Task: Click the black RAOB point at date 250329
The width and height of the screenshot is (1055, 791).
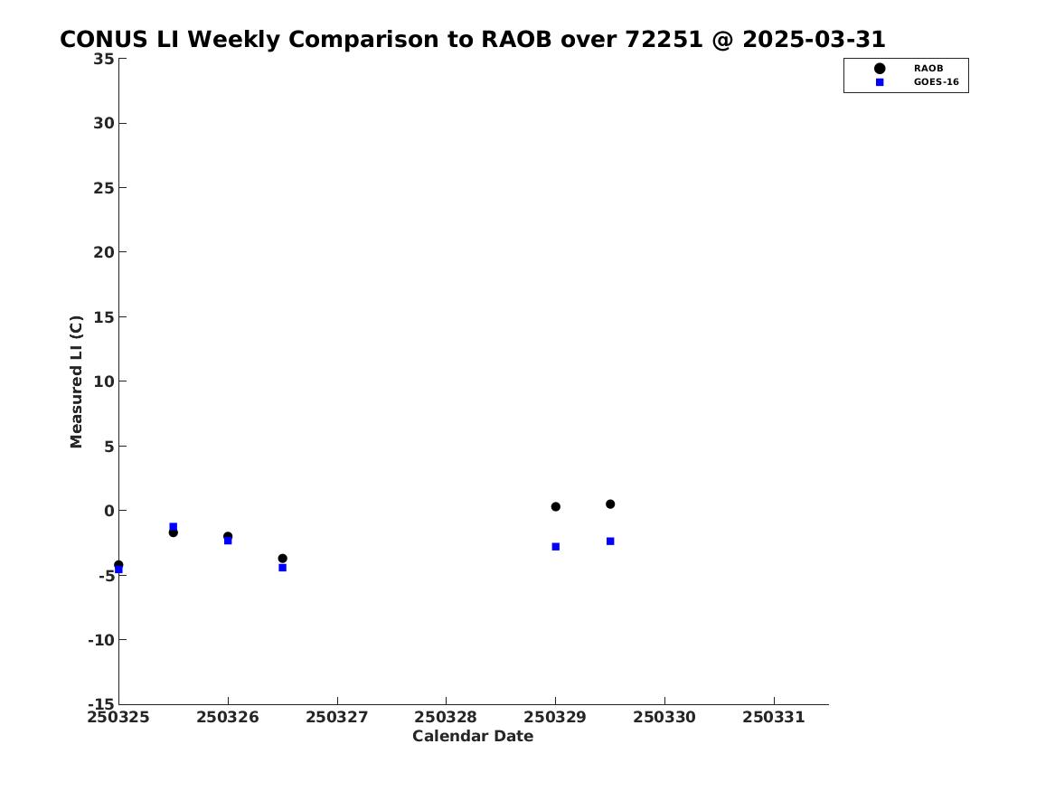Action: (556, 506)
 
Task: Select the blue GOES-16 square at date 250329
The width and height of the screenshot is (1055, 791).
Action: (556, 547)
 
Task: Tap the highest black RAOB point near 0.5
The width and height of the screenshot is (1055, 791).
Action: (610, 504)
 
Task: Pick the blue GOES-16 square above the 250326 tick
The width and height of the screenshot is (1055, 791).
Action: (228, 540)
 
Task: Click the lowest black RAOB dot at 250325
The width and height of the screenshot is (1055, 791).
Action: (118, 565)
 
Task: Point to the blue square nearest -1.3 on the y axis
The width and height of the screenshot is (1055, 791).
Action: (173, 527)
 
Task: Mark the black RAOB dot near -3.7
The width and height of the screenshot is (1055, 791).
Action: (283, 559)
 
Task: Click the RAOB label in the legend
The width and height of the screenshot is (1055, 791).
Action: (928, 68)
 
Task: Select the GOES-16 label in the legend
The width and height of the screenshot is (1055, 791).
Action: (936, 82)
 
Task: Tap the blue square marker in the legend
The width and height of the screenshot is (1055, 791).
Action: (880, 82)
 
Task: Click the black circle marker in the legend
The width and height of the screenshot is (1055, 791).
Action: (880, 68)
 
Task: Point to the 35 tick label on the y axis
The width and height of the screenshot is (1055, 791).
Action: (104, 59)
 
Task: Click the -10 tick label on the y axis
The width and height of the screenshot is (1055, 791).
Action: (101, 640)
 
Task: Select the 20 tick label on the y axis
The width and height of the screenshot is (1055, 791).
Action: (104, 252)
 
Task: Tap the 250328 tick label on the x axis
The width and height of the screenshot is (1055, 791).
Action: (446, 717)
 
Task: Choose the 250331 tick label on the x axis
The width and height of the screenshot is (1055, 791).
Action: (774, 717)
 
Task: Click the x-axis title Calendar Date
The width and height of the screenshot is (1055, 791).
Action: (473, 736)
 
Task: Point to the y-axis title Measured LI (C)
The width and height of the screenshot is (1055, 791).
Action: (76, 381)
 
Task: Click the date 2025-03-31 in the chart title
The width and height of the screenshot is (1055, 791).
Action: (815, 39)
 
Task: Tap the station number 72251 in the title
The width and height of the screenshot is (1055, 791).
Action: (664, 39)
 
